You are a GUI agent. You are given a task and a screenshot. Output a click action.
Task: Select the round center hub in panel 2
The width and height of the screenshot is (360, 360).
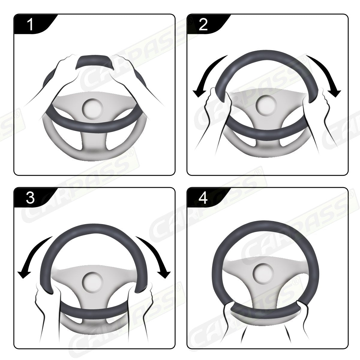[x=266, y=106]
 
